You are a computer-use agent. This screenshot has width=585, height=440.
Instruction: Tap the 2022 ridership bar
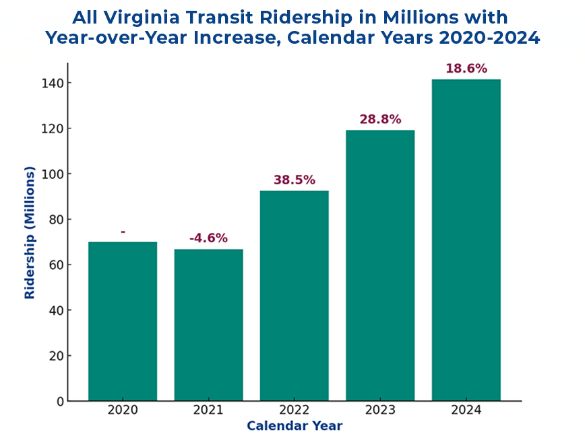pyautogui.click(x=295, y=296)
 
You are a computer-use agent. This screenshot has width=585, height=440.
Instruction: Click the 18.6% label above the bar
pyautogui.click(x=466, y=69)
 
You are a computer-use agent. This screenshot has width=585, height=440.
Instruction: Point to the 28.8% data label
pyautogui.click(x=380, y=119)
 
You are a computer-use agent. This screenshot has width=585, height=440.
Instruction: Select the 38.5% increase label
pyautogui.click(x=295, y=180)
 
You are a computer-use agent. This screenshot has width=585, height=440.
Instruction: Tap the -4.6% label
pyautogui.click(x=208, y=238)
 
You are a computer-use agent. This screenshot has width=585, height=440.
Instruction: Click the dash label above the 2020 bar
pyautogui.click(x=123, y=232)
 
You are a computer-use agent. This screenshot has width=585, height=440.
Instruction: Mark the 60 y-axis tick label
pyautogui.click(x=56, y=265)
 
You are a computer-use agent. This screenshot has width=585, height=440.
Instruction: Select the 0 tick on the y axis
pyautogui.click(x=61, y=402)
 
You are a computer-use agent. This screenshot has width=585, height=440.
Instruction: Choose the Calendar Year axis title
pyautogui.click(x=295, y=426)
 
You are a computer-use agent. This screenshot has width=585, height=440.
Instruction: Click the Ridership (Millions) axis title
pyautogui.click(x=30, y=233)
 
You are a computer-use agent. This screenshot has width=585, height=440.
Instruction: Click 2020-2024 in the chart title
pyautogui.click(x=490, y=38)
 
